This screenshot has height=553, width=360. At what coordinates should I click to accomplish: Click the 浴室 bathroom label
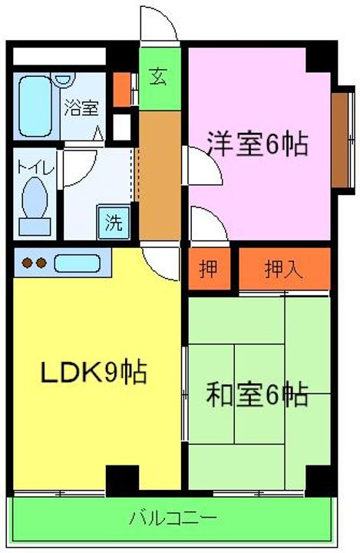81,108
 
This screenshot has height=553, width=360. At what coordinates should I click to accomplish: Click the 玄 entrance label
159,78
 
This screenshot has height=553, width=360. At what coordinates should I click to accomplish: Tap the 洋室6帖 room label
257,144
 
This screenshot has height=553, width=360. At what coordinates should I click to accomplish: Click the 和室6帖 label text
257,396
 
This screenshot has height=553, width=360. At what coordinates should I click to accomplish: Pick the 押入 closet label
283,270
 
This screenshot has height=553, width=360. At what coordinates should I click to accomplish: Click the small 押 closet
208,270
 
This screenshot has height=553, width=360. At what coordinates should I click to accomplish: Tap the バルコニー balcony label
173,517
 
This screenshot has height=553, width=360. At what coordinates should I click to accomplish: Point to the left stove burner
26,263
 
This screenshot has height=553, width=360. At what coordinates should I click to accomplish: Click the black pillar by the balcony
121,480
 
